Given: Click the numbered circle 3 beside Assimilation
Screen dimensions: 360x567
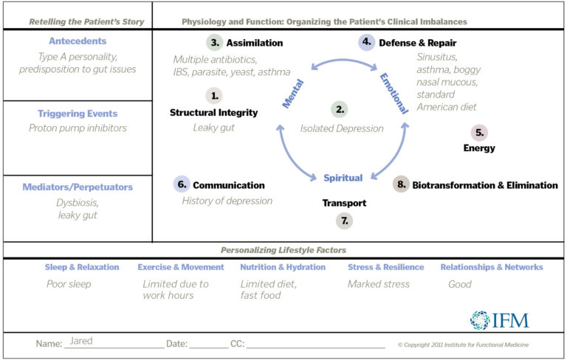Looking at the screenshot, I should [x=215, y=43].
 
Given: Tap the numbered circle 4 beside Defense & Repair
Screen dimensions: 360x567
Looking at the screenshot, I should [x=367, y=43].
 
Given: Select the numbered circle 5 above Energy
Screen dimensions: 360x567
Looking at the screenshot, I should [x=480, y=133].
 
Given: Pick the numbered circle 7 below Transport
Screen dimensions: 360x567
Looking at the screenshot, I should [x=344, y=220].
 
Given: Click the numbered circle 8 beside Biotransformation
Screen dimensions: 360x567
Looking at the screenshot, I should [x=401, y=184].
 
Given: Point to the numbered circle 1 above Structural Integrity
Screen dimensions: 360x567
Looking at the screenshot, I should [x=214, y=95].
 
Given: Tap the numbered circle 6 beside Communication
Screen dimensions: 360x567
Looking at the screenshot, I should [x=182, y=184].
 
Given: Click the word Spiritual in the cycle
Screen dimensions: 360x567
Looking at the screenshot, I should [x=343, y=178].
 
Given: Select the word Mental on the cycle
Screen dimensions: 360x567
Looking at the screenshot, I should [x=293, y=95].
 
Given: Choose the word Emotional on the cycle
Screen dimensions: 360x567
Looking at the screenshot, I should [x=394, y=93].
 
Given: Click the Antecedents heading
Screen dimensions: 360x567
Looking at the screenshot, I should [x=78, y=41].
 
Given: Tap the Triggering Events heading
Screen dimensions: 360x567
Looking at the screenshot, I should [x=78, y=114].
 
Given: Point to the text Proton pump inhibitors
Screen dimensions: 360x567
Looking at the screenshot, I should [x=78, y=128].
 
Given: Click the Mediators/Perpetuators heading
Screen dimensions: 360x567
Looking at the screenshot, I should [x=78, y=187].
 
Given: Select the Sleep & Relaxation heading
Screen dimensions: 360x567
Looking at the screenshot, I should [x=82, y=267].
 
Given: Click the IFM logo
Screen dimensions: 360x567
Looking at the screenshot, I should [x=500, y=319].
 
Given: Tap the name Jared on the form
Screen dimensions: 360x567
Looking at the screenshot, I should [x=81, y=342].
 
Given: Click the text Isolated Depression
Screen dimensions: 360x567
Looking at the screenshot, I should [x=342, y=128].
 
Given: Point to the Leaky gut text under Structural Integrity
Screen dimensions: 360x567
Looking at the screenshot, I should [x=214, y=128].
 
